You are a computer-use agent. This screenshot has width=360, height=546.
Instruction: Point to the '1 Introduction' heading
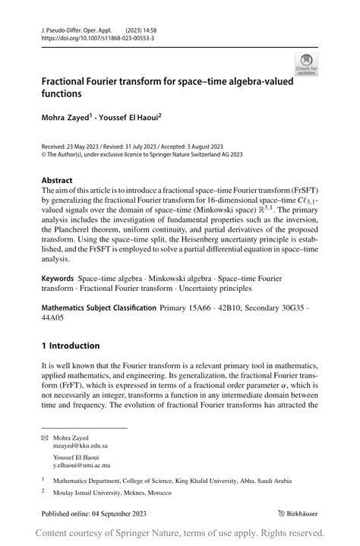tap(71, 346)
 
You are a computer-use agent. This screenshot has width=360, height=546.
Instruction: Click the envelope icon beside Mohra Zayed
tap(45, 438)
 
